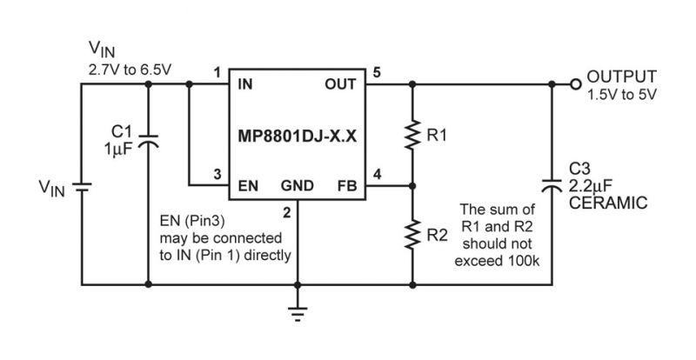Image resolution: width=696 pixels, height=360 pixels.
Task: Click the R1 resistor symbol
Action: [412, 135]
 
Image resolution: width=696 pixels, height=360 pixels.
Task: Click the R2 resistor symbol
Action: [412, 234]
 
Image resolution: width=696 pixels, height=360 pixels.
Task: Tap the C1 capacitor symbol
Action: [148, 140]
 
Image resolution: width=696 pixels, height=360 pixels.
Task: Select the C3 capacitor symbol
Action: [552, 184]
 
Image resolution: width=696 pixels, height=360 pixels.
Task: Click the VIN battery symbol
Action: [82, 187]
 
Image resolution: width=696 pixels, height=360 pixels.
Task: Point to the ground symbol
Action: [298, 313]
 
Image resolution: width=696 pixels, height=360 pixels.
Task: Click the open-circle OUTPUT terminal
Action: [575, 83]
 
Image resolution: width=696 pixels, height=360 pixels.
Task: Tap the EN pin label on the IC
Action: [248, 185]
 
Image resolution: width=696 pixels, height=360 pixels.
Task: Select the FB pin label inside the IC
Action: [347, 185]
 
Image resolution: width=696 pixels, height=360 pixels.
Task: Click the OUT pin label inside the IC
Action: [340, 83]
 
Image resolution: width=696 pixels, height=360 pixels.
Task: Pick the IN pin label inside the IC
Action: [245, 83]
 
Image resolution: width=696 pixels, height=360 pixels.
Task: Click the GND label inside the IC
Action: [298, 185]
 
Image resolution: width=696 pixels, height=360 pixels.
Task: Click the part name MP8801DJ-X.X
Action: [298, 136]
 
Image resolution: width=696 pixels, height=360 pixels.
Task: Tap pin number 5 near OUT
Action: [377, 72]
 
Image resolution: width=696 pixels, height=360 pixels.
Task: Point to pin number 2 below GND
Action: [287, 213]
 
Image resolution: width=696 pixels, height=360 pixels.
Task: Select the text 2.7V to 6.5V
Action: [130, 70]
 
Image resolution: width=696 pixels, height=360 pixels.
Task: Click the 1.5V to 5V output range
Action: [622, 95]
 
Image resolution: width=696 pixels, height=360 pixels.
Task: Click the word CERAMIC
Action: [608, 203]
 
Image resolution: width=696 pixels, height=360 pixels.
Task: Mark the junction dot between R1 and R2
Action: [412, 185]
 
